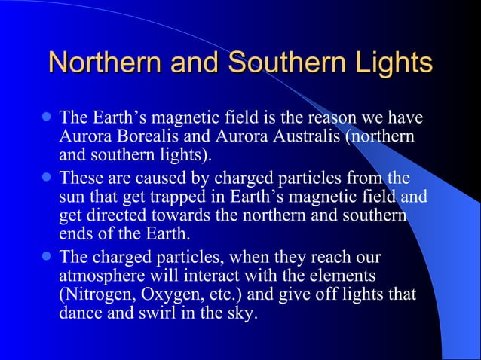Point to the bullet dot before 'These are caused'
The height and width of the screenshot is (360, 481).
(47, 179)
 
